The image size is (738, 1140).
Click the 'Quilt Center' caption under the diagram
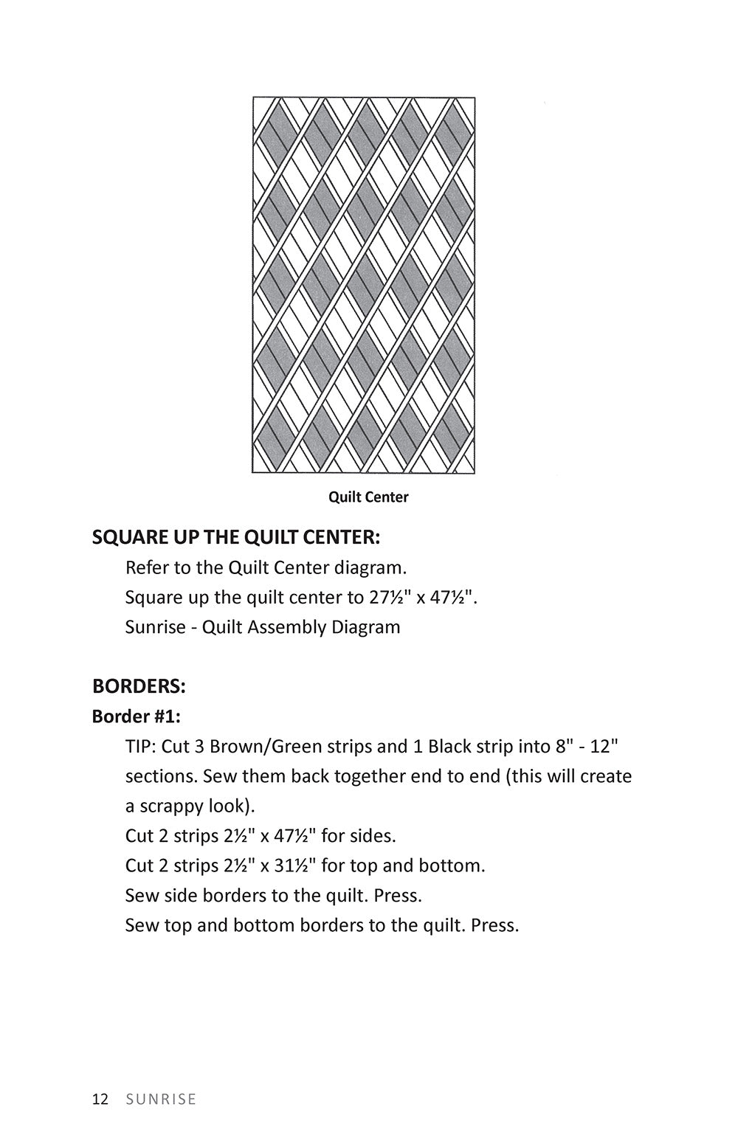368,497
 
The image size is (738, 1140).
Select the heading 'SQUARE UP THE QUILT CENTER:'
235,537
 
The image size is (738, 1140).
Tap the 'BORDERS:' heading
139,686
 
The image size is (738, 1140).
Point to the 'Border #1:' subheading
136,716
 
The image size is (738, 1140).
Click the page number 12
100,1099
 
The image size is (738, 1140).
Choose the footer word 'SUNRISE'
161,1099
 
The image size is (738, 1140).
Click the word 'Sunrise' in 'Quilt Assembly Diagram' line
155,627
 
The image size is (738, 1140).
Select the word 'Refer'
147,567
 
